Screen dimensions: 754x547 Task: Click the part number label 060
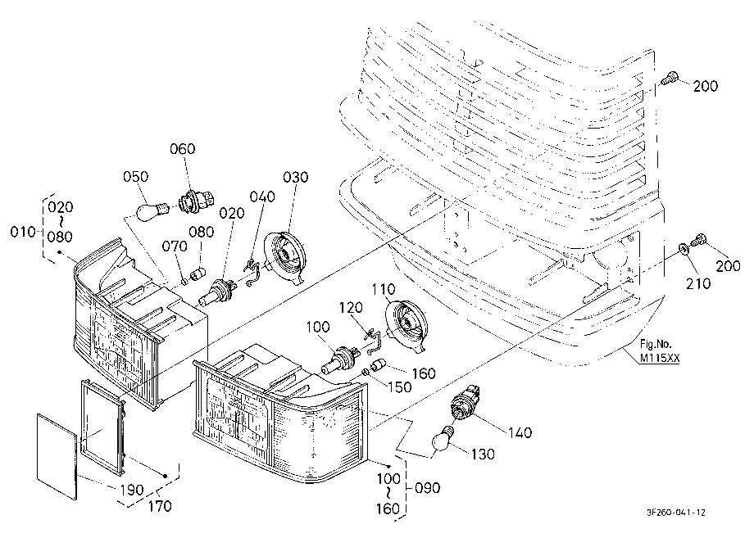tap(183, 149)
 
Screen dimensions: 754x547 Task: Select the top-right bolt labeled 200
tap(669, 79)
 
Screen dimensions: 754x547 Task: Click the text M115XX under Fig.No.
tap(659, 358)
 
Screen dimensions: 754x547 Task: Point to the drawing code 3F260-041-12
tap(676, 513)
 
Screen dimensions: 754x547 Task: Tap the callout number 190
tap(132, 490)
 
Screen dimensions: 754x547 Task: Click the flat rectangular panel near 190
tap(57, 456)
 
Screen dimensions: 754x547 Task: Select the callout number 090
tap(427, 488)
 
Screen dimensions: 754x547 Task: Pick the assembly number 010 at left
tap(23, 232)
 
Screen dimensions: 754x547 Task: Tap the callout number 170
tap(160, 506)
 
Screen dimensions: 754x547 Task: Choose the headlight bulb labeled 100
tap(339, 361)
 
